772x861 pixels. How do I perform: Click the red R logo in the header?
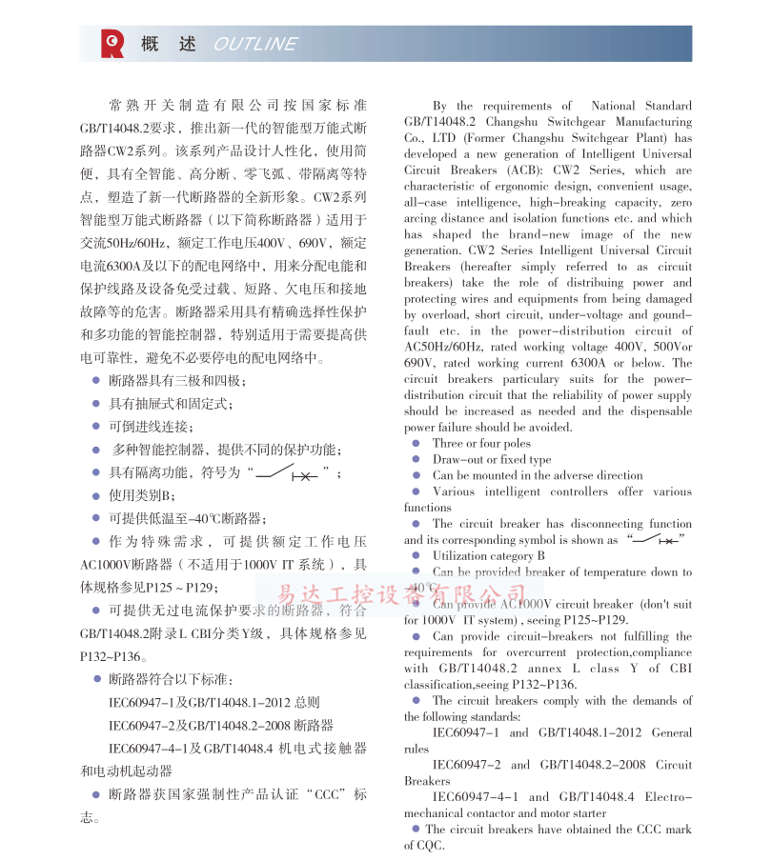(112, 43)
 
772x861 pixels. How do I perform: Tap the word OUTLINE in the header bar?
(255, 44)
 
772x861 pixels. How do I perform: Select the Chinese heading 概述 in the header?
(169, 44)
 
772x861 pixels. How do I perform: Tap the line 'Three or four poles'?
(481, 443)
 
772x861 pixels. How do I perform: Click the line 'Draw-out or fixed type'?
(492, 459)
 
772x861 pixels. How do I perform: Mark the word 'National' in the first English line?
(615, 106)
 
